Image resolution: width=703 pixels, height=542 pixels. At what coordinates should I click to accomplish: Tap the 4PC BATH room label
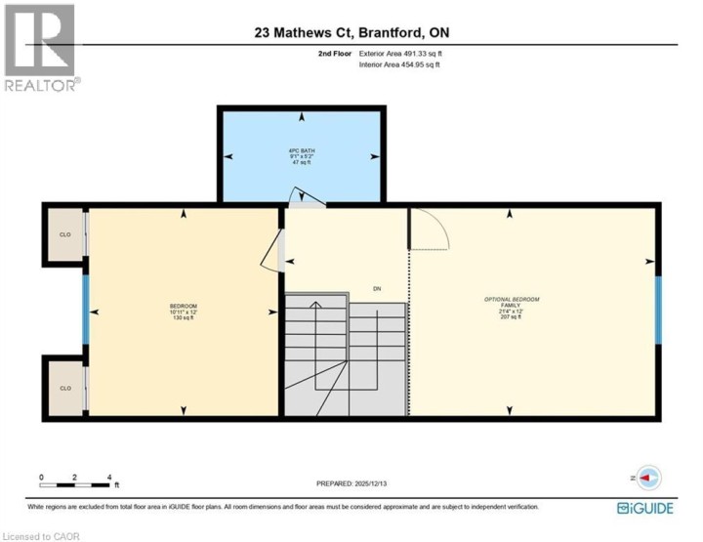[x=302, y=156]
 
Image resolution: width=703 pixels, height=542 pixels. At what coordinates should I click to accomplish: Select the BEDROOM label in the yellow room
[x=183, y=312]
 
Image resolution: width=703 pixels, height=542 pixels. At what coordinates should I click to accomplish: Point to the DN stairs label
[x=377, y=288]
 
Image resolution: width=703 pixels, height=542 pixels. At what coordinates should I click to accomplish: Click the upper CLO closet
[x=64, y=234]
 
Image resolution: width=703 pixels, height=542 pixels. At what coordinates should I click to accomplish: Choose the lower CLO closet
[x=64, y=388]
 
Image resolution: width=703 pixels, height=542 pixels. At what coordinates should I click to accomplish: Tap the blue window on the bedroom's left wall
[x=86, y=311]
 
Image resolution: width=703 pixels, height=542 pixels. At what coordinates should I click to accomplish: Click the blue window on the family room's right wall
[x=658, y=311]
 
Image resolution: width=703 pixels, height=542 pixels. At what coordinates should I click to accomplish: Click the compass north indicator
[x=648, y=478]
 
